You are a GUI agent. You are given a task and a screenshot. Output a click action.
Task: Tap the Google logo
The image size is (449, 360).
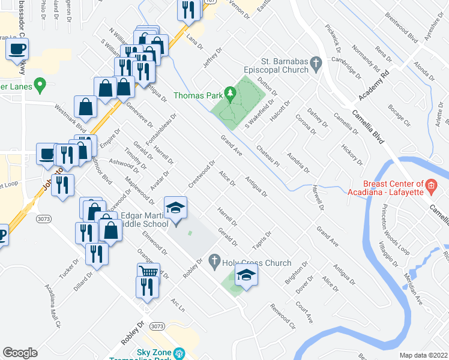point(20,352)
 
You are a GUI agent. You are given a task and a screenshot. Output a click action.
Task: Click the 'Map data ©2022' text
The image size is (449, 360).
point(423,355)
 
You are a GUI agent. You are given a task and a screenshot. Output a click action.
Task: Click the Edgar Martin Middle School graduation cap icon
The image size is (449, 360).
point(175,208)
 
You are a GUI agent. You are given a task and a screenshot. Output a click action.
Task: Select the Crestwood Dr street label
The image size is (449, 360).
point(202,173)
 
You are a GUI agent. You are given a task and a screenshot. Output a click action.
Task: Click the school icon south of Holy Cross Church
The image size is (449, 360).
point(246,276)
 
